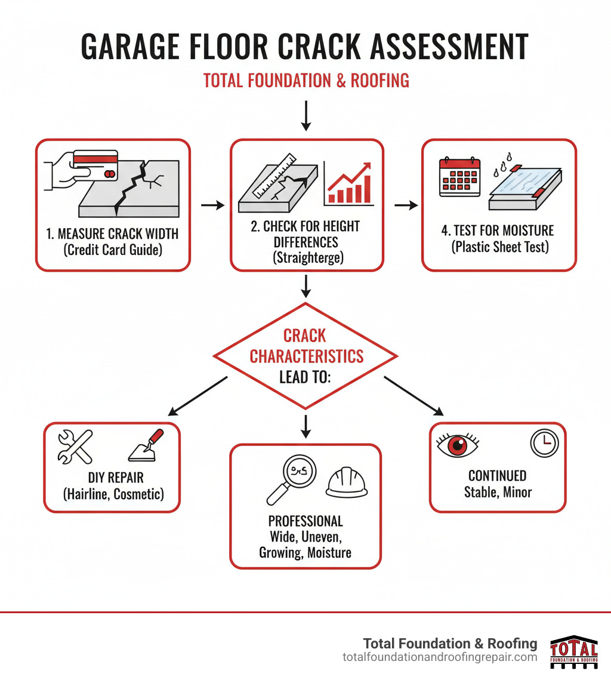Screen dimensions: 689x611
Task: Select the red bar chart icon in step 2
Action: tap(349, 184)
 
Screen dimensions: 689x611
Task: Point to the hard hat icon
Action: tap(344, 481)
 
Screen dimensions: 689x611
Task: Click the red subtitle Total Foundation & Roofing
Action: tap(306, 80)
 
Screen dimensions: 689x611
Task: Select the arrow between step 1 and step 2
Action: tap(212, 205)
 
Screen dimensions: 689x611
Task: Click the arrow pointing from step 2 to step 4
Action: tap(405, 205)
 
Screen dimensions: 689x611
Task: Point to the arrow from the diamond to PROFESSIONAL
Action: tap(305, 424)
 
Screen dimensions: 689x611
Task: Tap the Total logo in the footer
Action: tap(573, 651)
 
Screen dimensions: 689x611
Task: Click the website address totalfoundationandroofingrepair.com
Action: tap(440, 657)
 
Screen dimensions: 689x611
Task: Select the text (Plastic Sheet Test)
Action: tap(499, 247)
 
